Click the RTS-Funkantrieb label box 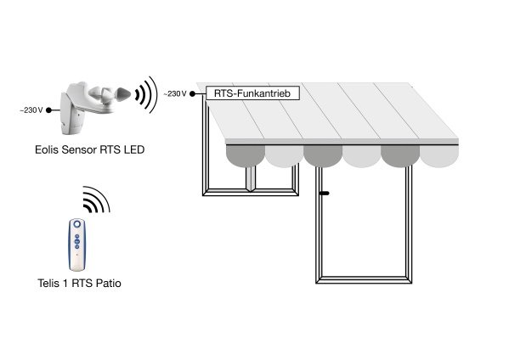click(252, 93)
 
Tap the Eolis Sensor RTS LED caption click(89, 149)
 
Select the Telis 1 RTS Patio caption click(80, 283)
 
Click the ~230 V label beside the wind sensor click(31, 110)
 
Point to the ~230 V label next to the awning click(175, 93)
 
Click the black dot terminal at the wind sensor click(48, 110)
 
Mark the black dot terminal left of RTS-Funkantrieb click(193, 93)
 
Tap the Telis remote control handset click(77, 245)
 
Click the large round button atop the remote click(77, 224)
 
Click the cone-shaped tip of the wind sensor click(123, 94)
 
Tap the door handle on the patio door click(325, 194)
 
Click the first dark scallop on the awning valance click(246, 155)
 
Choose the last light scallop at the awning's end click(439, 155)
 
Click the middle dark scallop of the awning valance click(323, 155)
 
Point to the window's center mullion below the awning click(251, 178)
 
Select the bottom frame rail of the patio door click(364, 280)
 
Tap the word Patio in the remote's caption click(109, 283)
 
